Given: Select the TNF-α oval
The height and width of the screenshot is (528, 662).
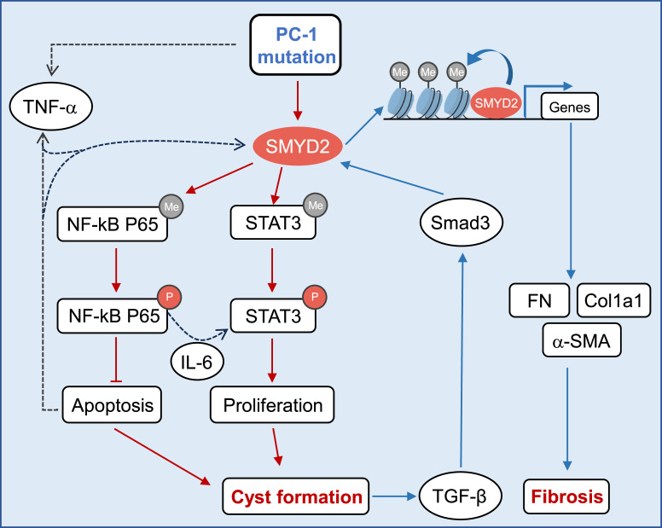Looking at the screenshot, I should pyautogui.click(x=50, y=110).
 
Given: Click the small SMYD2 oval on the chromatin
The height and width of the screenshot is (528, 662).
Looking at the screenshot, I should pyautogui.click(x=497, y=105).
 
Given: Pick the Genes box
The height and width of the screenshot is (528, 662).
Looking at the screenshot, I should pyautogui.click(x=571, y=106).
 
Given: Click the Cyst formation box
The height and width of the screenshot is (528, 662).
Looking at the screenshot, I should pyautogui.click(x=295, y=496).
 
